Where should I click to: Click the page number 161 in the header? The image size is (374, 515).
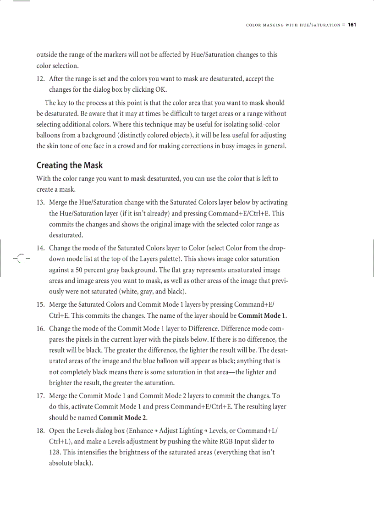click(352, 25)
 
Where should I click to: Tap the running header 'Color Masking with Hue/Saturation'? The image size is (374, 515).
click(293, 25)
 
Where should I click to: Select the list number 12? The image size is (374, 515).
click(40, 79)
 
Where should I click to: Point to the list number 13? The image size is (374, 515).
click(40, 202)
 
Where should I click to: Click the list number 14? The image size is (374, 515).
click(40, 248)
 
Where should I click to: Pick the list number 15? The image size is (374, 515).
click(40, 305)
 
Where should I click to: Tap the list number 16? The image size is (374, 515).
click(40, 328)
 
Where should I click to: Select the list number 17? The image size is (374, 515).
click(40, 395)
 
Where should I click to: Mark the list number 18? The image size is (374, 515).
click(40, 431)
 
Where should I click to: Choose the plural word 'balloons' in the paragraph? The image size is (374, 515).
click(49, 135)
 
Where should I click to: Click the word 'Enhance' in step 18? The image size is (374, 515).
click(141, 431)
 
